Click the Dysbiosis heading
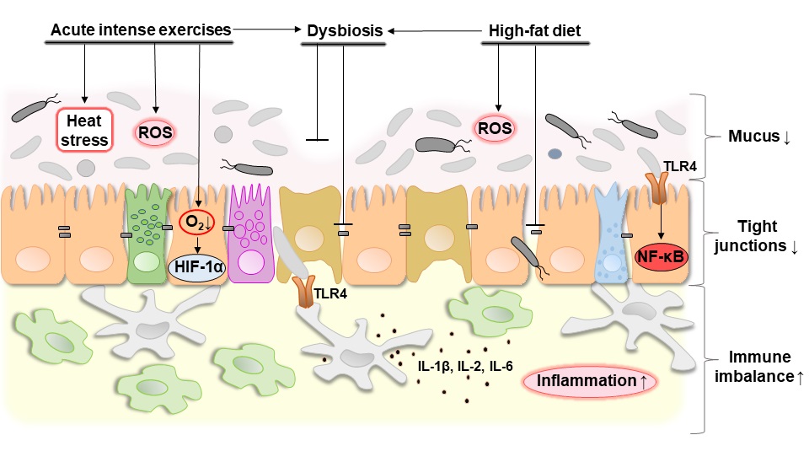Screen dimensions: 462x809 342,31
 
